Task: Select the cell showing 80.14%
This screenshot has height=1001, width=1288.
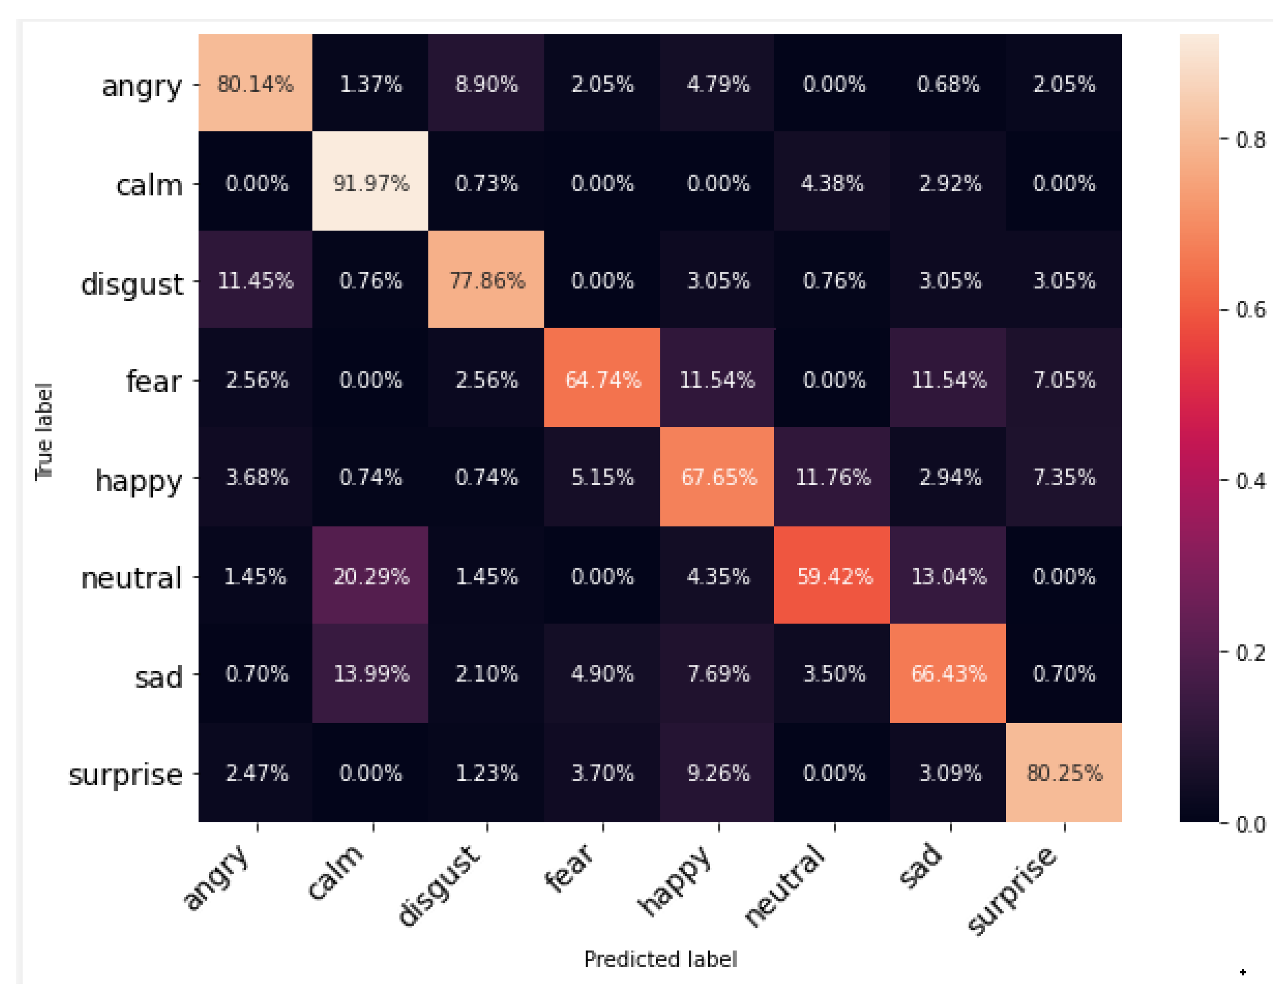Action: [255, 84]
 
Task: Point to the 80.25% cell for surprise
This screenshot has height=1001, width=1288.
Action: [1064, 773]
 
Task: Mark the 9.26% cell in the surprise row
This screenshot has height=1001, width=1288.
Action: [718, 773]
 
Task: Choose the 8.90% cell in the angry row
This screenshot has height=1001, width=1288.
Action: [487, 84]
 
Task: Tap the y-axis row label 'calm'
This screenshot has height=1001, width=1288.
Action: [149, 186]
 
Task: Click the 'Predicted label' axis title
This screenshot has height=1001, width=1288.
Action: [660, 959]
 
